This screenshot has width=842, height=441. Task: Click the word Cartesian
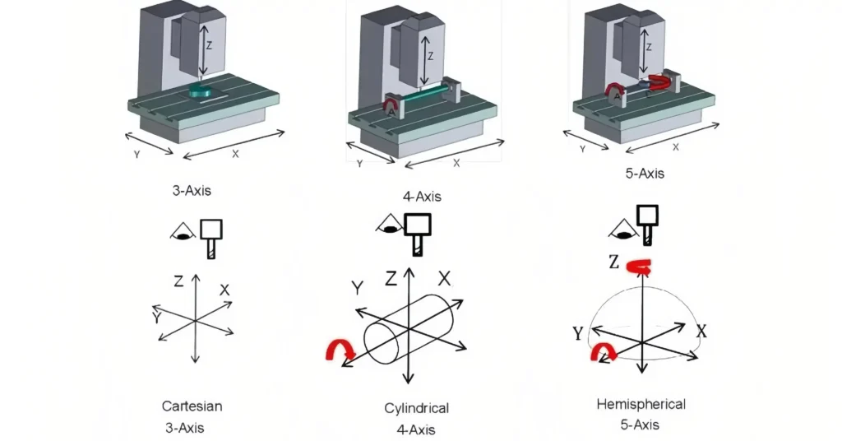192,406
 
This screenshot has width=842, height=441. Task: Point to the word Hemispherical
641,404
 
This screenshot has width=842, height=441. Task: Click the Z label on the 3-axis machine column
210,46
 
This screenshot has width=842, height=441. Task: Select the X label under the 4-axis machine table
456,163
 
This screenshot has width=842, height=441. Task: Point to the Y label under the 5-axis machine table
582,149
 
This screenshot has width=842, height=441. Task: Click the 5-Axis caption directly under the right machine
645,174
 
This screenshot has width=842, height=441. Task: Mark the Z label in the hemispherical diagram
613,262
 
